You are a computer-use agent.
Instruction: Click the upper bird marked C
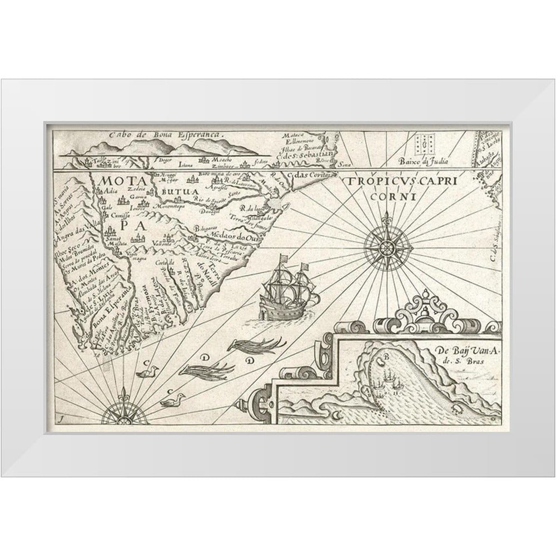(x=147, y=372)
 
